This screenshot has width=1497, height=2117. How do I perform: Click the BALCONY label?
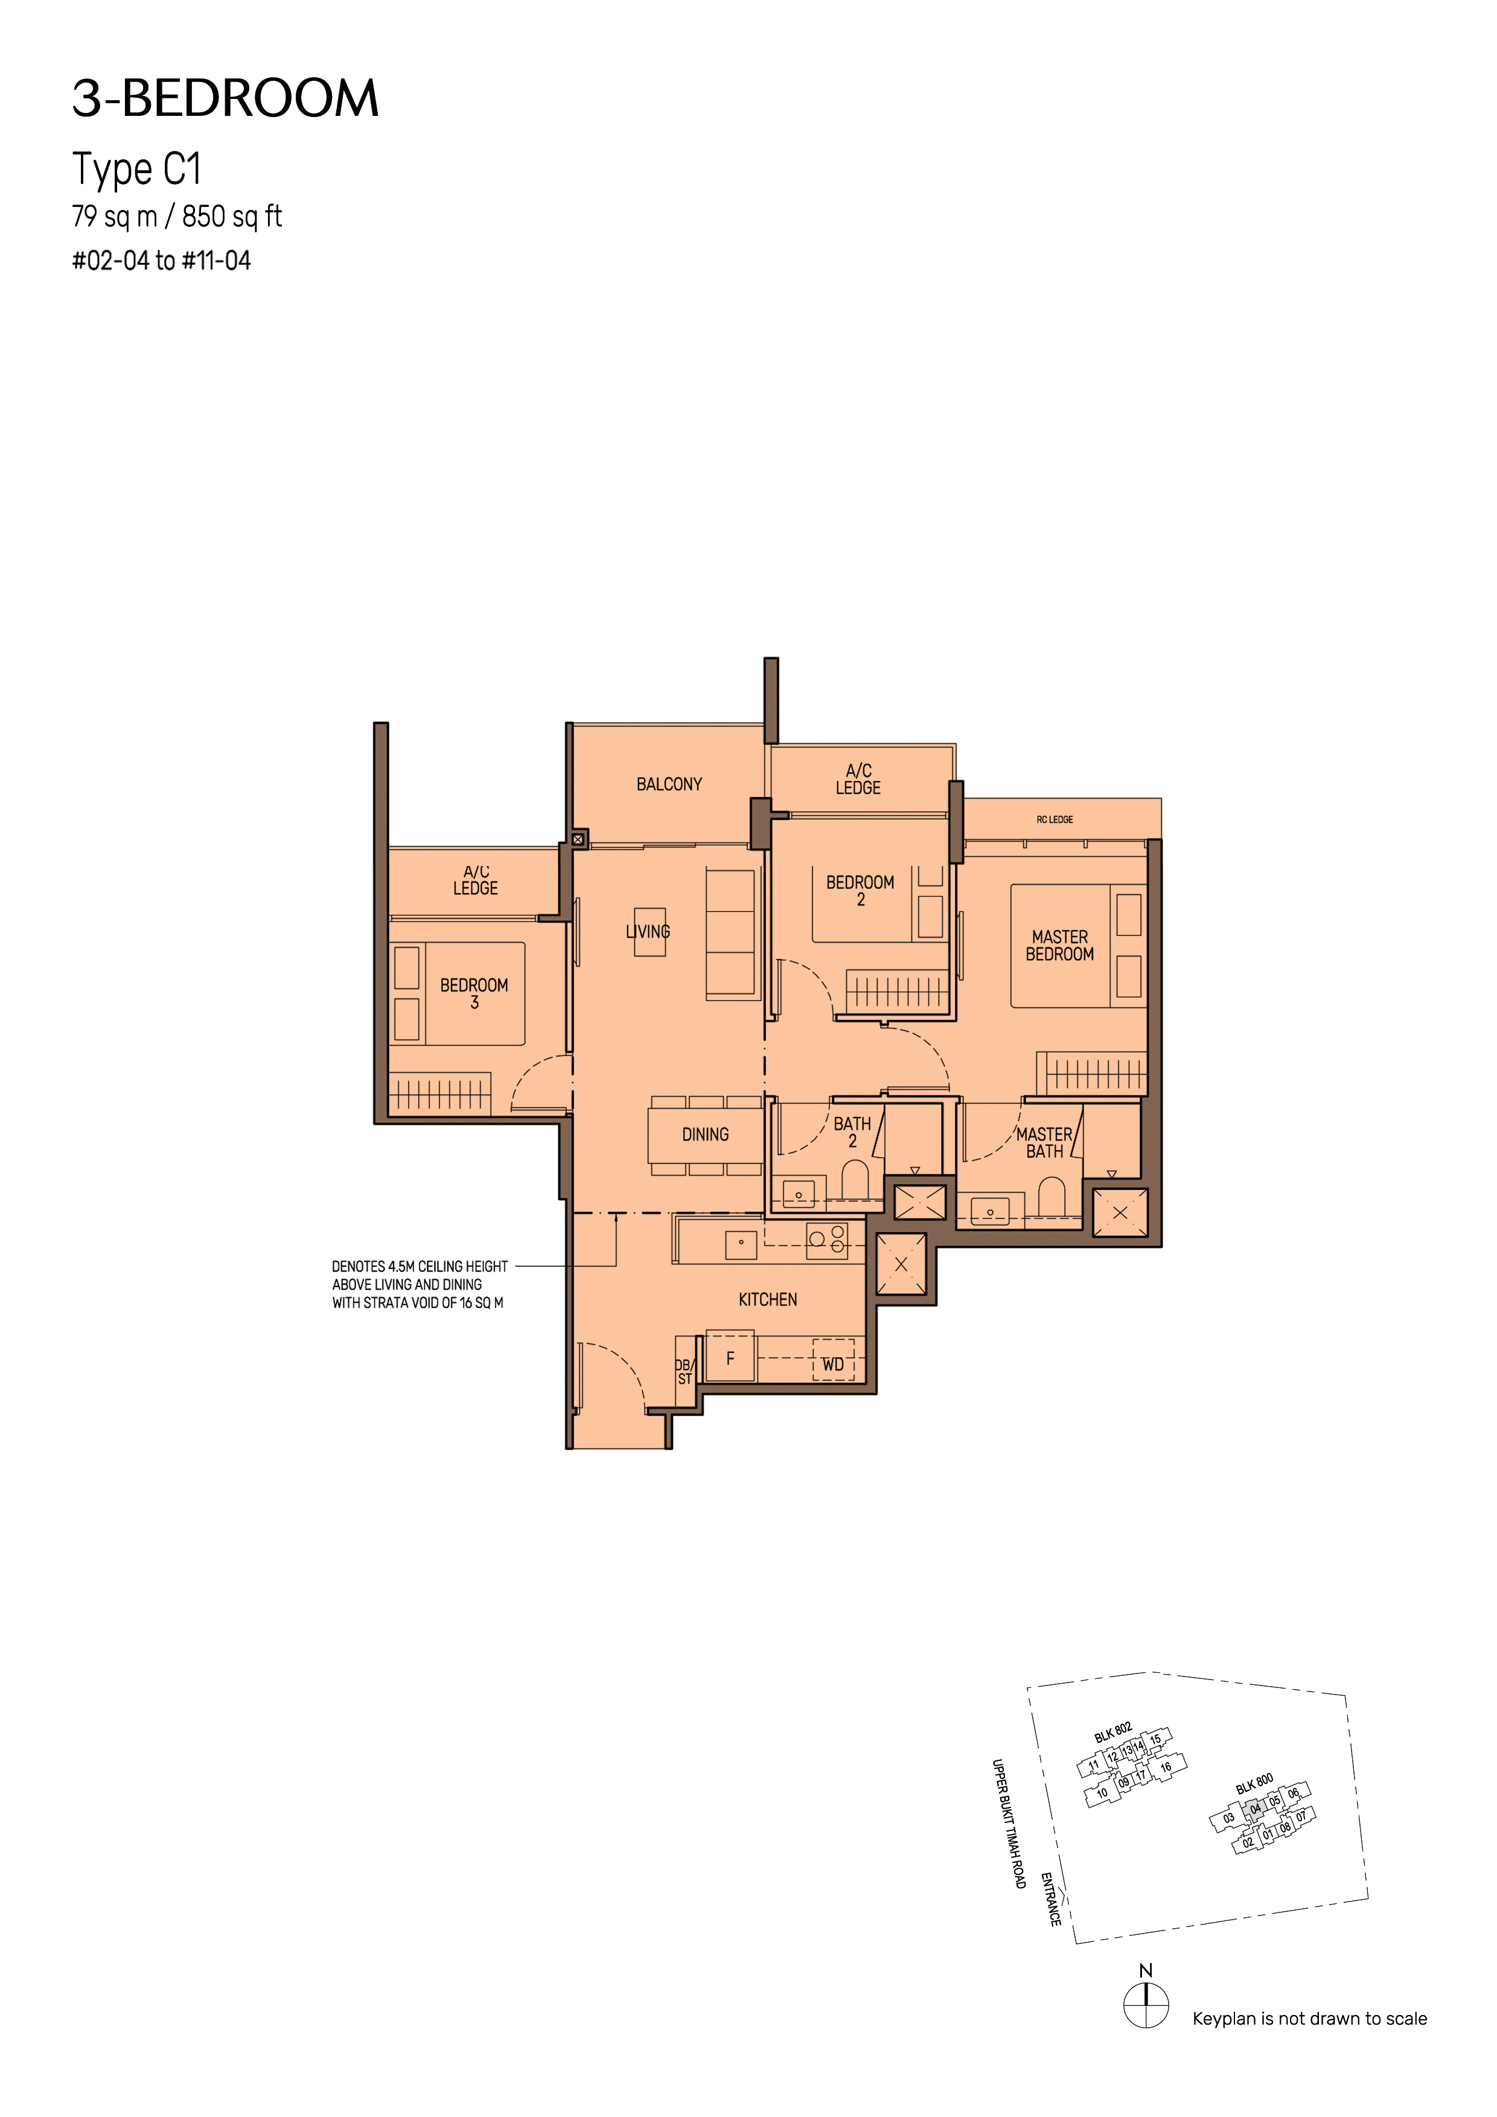tap(669, 784)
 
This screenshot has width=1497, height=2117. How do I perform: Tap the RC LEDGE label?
tap(1055, 820)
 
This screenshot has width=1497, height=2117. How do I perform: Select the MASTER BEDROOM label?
tap(1060, 945)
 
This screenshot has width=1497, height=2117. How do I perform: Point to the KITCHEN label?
tap(767, 1299)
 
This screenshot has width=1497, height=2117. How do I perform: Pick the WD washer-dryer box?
tap(834, 1359)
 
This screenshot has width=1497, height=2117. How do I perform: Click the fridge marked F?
tap(730, 1357)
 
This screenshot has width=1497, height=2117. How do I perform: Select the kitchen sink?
tap(741, 1244)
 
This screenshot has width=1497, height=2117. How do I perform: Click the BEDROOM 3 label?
tap(474, 993)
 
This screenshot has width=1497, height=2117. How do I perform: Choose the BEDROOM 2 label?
tap(860, 891)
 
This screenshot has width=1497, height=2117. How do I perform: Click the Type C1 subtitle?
tap(136, 170)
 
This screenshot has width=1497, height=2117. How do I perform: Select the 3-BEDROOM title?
tap(226, 98)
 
